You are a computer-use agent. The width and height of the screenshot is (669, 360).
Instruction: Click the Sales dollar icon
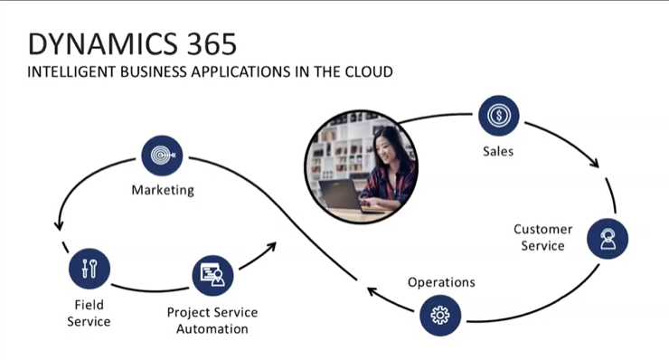[x=498, y=116]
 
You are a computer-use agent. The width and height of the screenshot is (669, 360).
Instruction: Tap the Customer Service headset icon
[x=607, y=239]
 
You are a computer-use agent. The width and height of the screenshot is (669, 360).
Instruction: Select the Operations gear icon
[x=440, y=315]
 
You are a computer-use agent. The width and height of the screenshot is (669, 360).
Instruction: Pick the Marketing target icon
[x=163, y=156]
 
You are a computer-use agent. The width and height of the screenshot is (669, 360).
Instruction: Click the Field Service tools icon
[x=89, y=269]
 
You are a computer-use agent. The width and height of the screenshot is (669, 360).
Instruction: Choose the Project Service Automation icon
[x=213, y=276]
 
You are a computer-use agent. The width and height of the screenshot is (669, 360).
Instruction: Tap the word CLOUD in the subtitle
[x=369, y=71]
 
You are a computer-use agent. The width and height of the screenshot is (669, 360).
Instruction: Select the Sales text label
[x=498, y=151]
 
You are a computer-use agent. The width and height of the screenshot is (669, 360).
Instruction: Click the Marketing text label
[x=163, y=190]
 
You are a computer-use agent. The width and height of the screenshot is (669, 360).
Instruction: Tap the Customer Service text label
[x=542, y=237]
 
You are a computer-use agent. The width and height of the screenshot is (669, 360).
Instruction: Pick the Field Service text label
[x=89, y=313]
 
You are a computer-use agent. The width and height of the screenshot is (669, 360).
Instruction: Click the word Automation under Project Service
[x=212, y=328]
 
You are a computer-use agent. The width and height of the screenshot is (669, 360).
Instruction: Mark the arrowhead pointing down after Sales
[x=594, y=163]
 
